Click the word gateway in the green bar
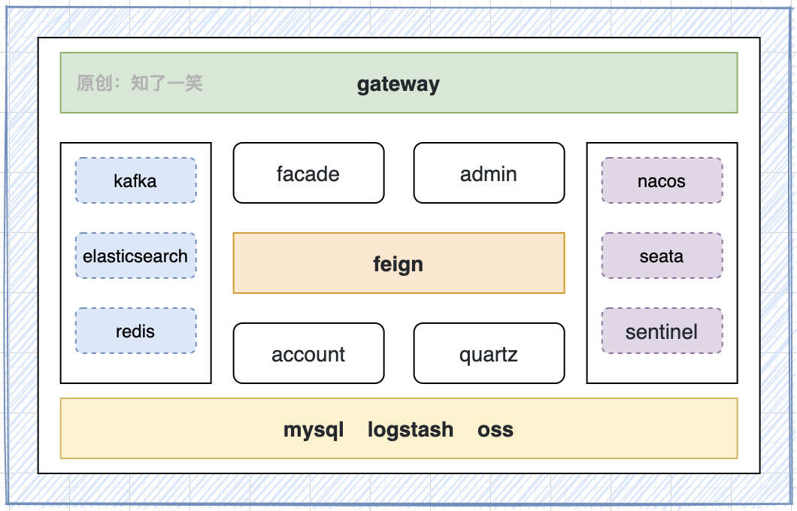point(398,83)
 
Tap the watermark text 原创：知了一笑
point(140,83)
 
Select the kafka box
point(135,180)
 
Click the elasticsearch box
point(135,255)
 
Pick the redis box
point(135,331)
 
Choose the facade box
point(308,174)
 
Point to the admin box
point(489,174)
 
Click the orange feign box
point(398,263)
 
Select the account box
point(308,354)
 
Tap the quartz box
point(489,354)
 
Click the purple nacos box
point(662,180)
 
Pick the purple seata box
point(662,255)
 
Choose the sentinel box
point(662,331)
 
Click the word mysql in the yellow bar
point(314,430)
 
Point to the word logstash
point(411,430)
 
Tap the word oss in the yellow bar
point(495,430)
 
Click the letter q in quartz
point(465,355)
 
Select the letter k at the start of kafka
point(118,181)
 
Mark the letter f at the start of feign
point(377,264)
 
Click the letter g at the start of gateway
point(362,85)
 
